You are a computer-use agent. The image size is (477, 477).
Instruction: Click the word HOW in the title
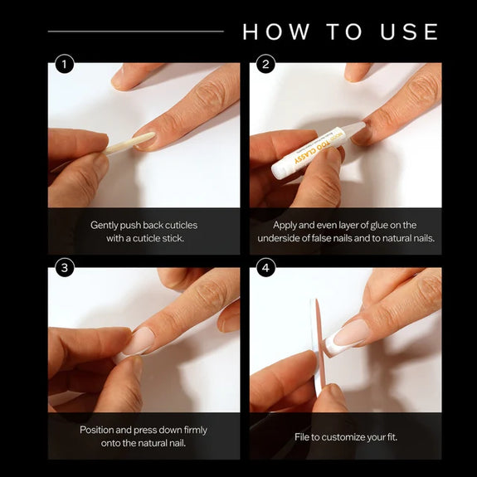276,32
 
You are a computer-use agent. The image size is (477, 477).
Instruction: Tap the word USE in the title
410,32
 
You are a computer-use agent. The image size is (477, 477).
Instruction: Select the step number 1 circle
65,64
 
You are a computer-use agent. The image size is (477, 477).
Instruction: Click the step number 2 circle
266,64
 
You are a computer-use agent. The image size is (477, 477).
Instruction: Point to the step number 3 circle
65,268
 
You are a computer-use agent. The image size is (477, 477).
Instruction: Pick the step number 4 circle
266,268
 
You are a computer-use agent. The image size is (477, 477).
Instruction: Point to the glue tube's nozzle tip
363,124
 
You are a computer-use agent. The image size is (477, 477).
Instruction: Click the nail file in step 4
318,347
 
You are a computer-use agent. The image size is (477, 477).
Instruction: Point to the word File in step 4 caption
301,437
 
